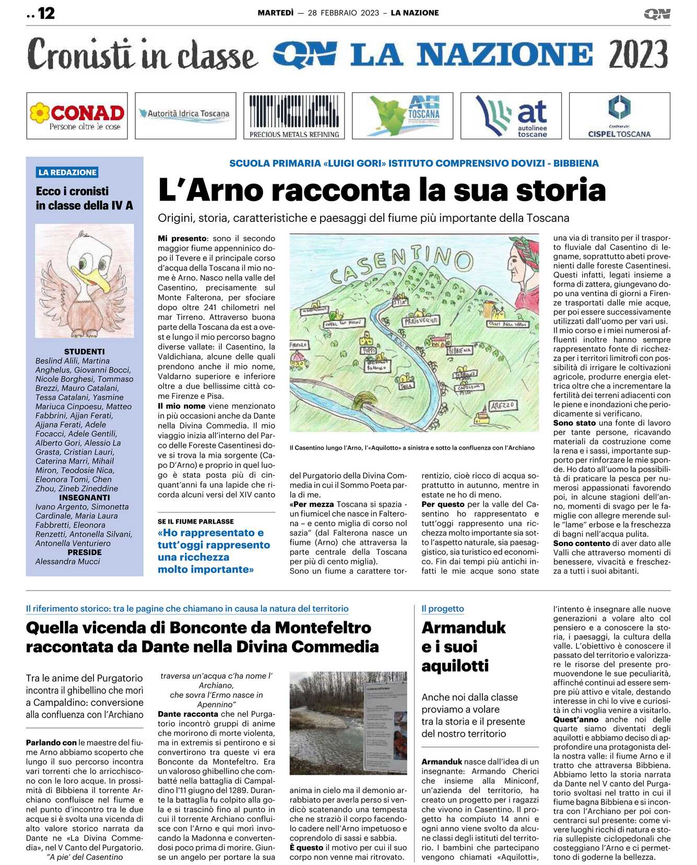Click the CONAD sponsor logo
[77, 115]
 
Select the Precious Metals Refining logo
[294, 115]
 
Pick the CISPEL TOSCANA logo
[619, 116]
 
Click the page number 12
[46, 13]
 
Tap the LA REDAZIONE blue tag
[67, 172]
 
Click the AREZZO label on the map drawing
[502, 405]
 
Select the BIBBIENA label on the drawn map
[459, 350]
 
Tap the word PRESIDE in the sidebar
[84, 552]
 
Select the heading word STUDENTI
[84, 352]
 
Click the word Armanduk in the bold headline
[464, 627]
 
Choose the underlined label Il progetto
[443, 609]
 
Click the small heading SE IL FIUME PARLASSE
[196, 522]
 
